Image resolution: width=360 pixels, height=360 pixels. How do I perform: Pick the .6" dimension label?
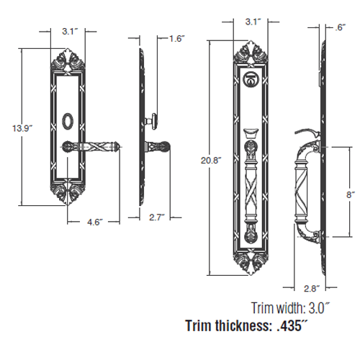pos(338,28)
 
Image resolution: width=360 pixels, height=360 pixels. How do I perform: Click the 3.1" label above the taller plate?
pos(252,22)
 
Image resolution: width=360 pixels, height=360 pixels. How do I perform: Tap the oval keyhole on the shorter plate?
pos(68,117)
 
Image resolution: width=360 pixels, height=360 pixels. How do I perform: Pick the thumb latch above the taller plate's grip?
pos(251,132)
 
